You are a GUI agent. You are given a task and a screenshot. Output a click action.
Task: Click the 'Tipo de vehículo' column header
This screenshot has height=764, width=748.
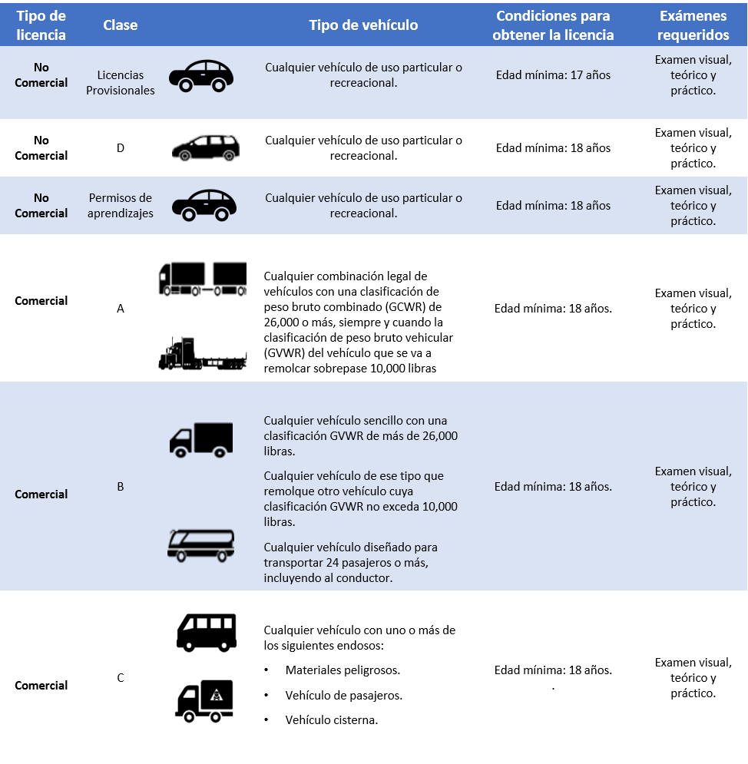coord(363,25)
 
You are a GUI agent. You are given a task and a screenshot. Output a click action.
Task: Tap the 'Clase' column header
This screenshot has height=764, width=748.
coord(121,25)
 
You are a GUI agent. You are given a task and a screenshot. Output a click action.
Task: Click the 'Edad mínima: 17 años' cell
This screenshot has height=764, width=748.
coord(553,75)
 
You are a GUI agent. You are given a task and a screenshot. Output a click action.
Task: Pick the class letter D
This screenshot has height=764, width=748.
coord(121,147)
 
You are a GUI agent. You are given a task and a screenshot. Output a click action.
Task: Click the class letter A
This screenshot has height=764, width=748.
coord(121,309)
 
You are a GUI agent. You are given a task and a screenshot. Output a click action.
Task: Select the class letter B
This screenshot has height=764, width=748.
coord(121,486)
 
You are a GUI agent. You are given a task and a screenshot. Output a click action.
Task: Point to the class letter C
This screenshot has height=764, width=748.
coord(121,677)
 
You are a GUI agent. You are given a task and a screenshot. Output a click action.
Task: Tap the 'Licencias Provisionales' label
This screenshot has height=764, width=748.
coord(121,83)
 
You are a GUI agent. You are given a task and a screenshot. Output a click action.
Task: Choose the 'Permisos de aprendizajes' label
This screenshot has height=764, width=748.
coord(121,206)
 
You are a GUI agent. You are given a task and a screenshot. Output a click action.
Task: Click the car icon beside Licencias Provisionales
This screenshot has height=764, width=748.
coord(201,76)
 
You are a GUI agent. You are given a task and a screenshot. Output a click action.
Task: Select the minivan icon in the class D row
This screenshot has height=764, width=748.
coord(205,147)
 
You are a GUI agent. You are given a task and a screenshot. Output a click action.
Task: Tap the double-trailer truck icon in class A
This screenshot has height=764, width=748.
coord(202,279)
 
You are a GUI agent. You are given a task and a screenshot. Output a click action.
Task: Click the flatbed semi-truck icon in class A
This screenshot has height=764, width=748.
coord(203,354)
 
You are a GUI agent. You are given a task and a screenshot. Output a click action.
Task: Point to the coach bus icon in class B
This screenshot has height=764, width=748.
coord(201,544)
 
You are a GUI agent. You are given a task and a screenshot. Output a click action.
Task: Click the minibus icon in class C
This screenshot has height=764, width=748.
coord(206,632)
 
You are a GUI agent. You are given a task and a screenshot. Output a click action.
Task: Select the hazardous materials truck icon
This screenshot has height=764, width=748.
coord(204,701)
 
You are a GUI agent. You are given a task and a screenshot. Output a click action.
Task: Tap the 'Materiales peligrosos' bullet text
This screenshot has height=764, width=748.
coord(343,670)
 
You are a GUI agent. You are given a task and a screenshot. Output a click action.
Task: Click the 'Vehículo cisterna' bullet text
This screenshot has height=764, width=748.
coord(332,720)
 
